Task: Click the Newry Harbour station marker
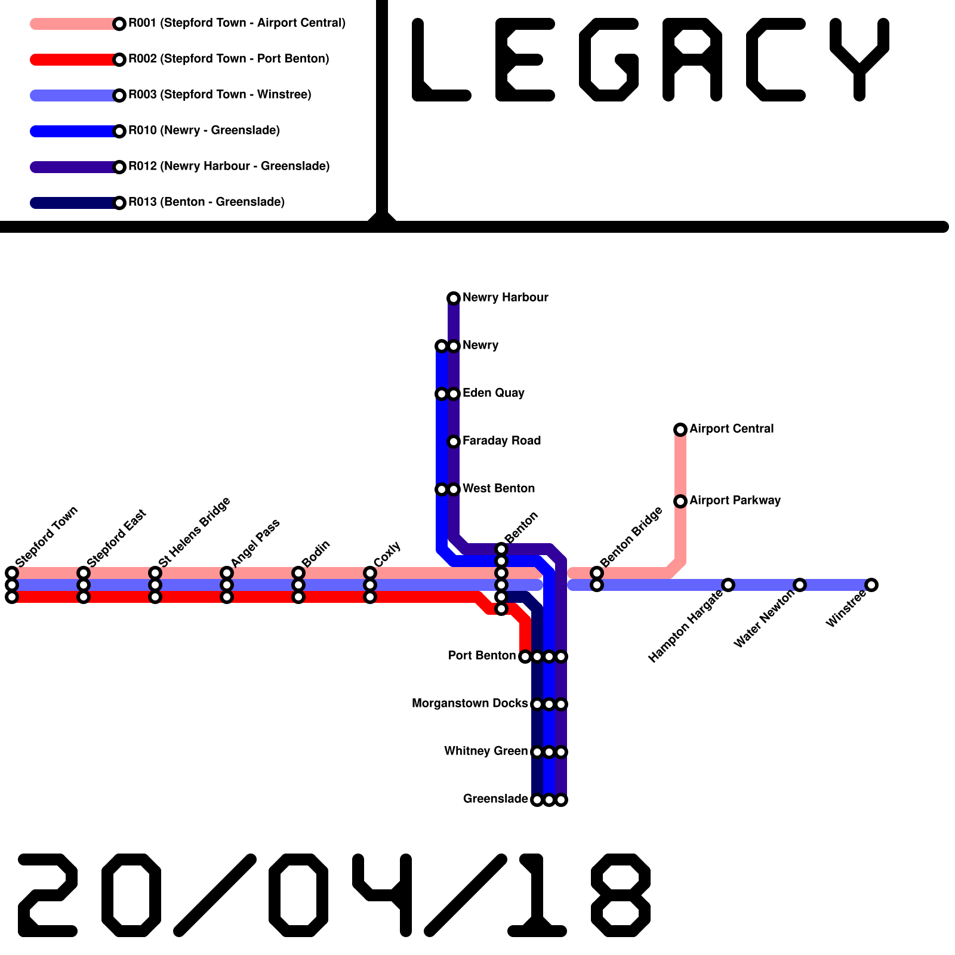[454, 298]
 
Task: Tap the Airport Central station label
[731, 429]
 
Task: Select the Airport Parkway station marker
[680, 501]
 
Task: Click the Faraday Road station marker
[454, 441]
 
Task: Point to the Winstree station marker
[871, 584]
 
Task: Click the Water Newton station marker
[800, 584]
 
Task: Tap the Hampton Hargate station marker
[728, 584]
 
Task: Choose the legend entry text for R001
[237, 23]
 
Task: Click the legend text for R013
[207, 202]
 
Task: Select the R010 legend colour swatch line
[72, 131]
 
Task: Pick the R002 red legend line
[72, 60]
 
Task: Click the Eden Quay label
[493, 393]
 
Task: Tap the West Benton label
[498, 488]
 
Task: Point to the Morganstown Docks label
[470, 703]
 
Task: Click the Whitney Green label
[486, 751]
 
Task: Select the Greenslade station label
[495, 799]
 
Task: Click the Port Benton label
[482, 655]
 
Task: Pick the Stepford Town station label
[47, 537]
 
